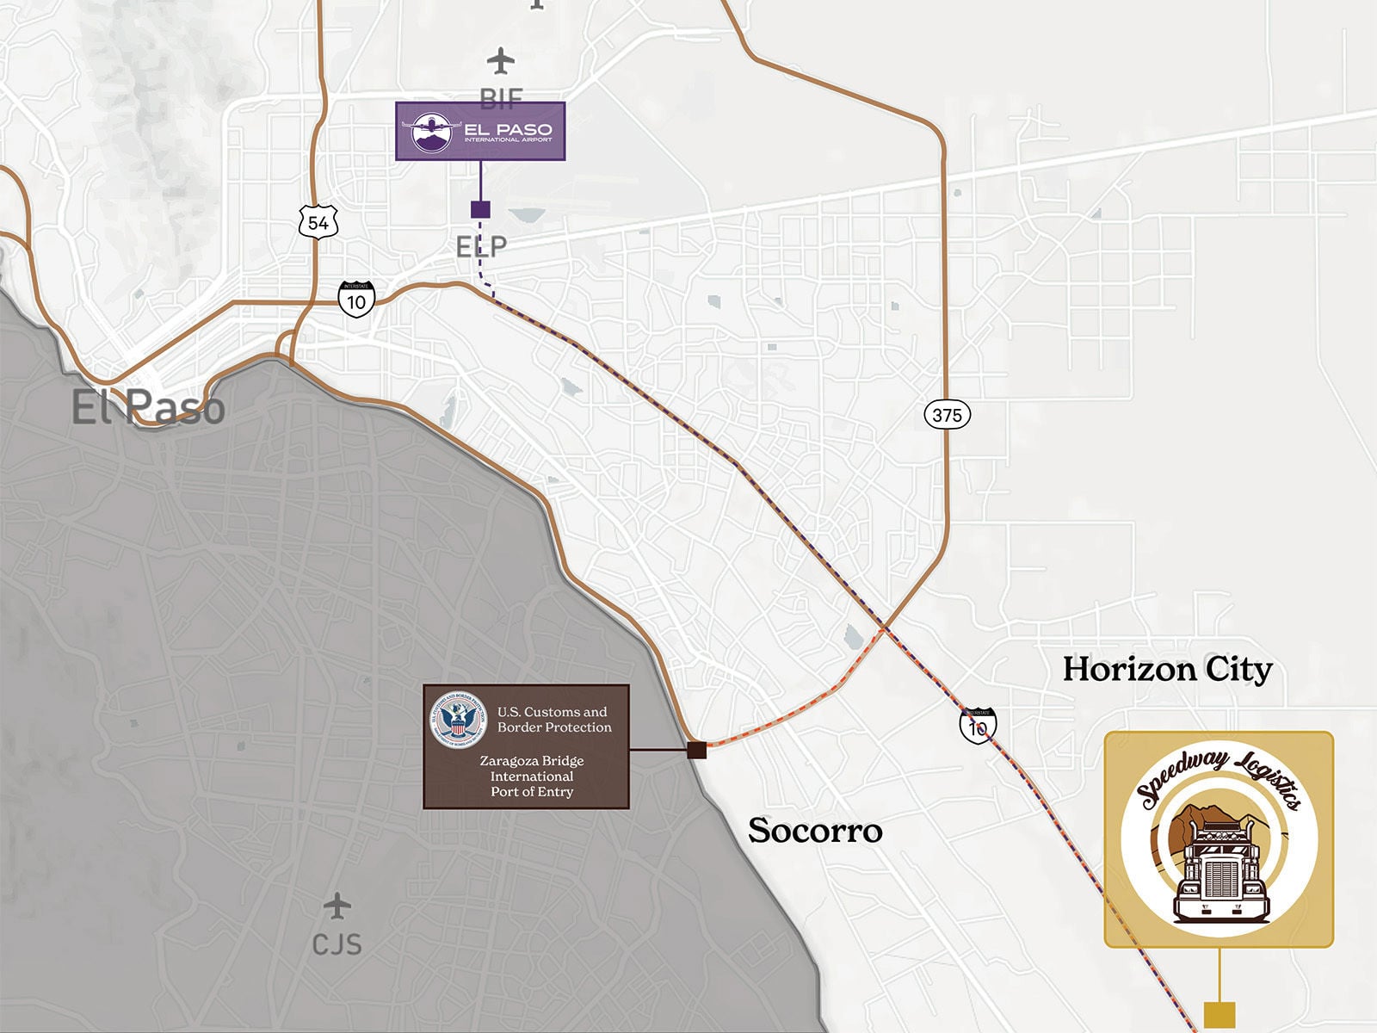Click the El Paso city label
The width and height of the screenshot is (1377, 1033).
coord(148,407)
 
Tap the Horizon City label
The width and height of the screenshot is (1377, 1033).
coord(1166,669)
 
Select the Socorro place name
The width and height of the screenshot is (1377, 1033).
coord(814,830)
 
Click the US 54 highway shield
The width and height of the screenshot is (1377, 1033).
coord(318,223)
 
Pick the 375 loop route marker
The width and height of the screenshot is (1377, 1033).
coord(947,415)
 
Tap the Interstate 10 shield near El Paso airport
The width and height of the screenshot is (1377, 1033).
coord(356,300)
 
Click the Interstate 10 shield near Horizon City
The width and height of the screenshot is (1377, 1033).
coord(978,726)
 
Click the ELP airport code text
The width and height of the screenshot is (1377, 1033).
coord(481,247)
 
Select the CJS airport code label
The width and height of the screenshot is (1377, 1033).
coord(337,944)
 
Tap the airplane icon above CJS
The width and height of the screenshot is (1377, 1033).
coord(337,906)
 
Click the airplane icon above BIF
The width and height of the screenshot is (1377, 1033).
coord(501,61)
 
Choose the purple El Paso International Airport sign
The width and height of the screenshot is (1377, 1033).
coord(480,131)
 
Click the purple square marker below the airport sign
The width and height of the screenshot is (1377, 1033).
coord(480,209)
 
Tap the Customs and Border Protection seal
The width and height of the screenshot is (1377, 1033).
coord(458,720)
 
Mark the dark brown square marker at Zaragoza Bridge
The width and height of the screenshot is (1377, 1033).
coord(696,750)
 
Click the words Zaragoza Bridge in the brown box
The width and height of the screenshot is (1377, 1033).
coord(531,761)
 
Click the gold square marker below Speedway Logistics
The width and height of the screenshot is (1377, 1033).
coord(1219,1014)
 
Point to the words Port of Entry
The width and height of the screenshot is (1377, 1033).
coord(531,792)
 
